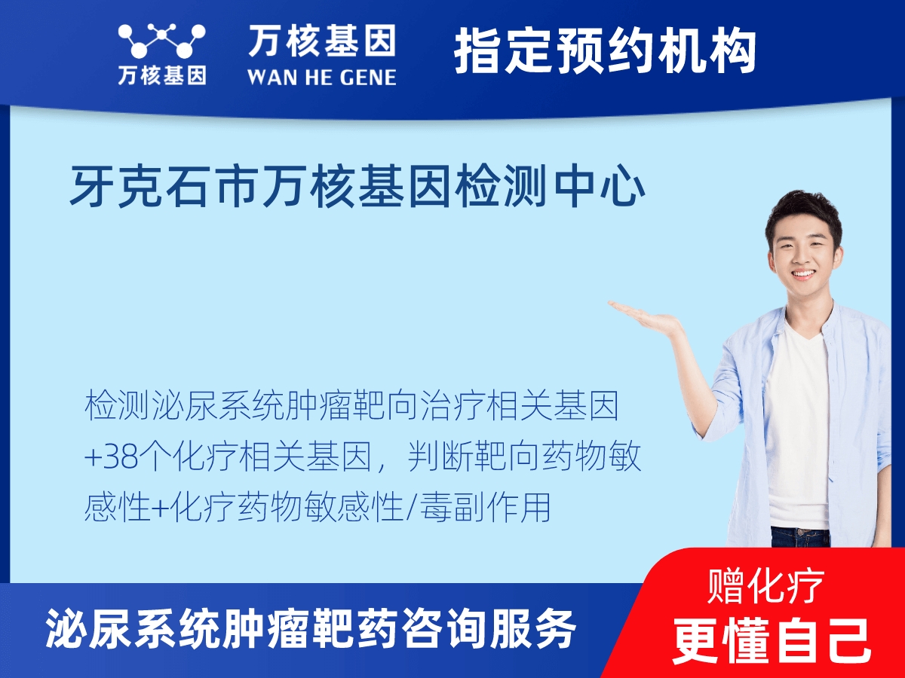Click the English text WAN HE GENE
point(321,77)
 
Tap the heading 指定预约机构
point(605,50)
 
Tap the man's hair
point(802,207)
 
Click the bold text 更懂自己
point(772,639)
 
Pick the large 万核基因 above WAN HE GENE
point(322,42)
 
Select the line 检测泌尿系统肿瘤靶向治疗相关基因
point(351,407)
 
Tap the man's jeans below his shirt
point(799,536)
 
